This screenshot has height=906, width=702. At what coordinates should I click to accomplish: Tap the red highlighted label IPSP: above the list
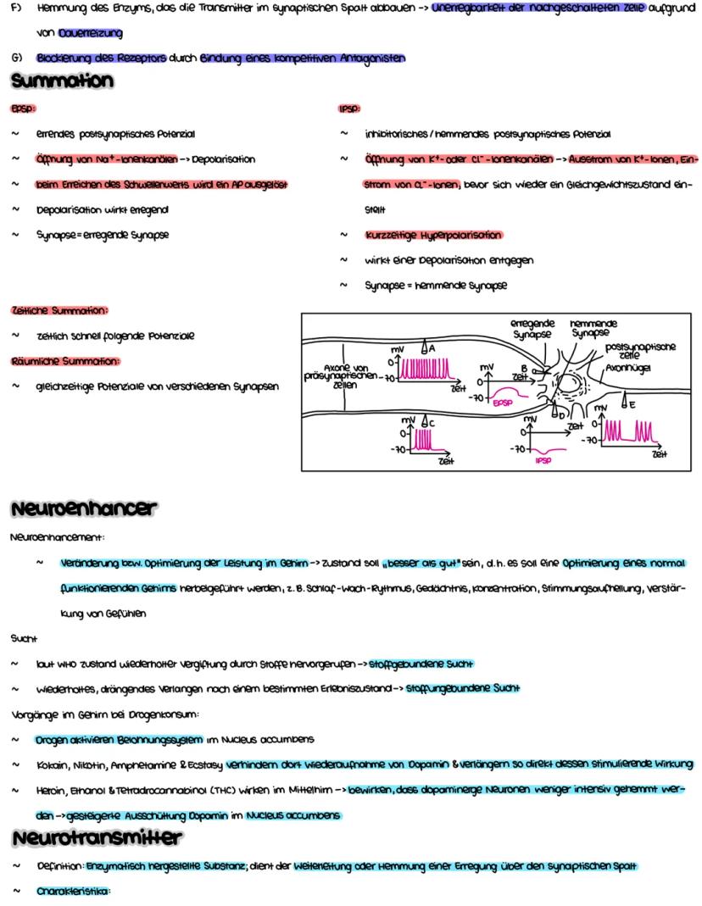[349, 109]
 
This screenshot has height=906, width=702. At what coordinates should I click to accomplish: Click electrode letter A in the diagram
[432, 348]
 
